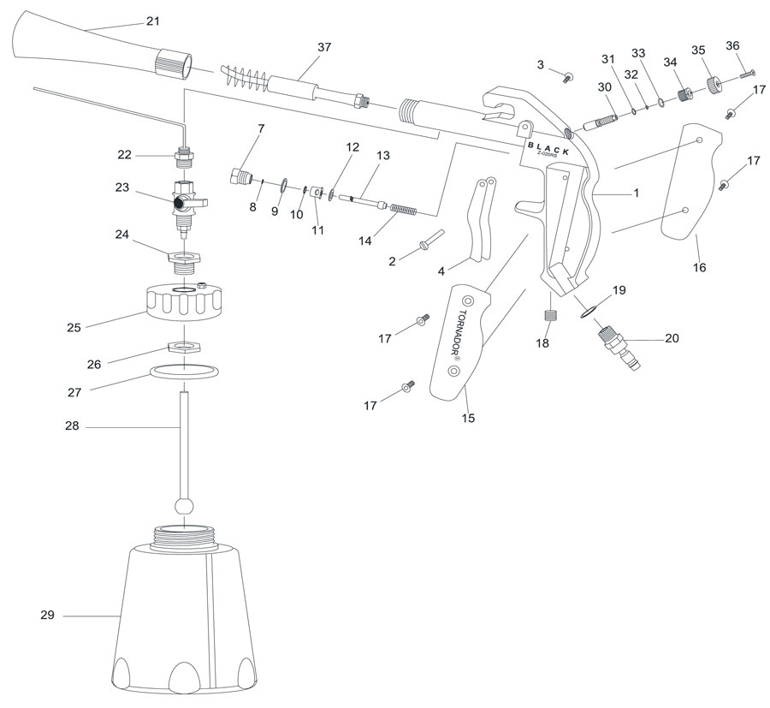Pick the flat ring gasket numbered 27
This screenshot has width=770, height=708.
pyautogui.click(x=183, y=372)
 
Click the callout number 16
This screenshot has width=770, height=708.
pyautogui.click(x=700, y=267)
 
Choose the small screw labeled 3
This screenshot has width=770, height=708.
pyautogui.click(x=567, y=78)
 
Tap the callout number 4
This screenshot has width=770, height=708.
pyautogui.click(x=441, y=271)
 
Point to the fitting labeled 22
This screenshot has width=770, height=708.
pyautogui.click(x=184, y=158)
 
